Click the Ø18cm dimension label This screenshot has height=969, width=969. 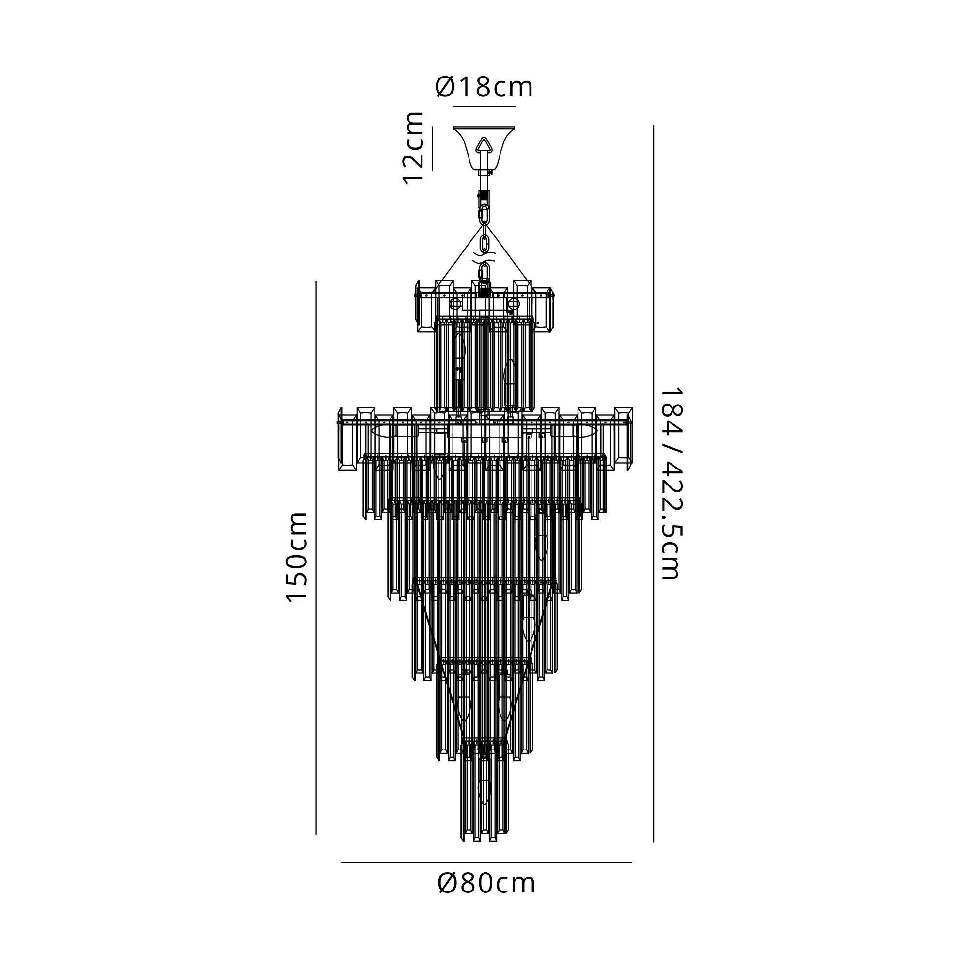coord(484,87)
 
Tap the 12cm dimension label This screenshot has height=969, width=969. coord(414,148)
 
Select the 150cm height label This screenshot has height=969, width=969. coord(296,557)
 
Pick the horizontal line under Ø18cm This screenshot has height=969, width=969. coord(484,106)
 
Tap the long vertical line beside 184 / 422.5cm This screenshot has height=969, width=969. coord(654,484)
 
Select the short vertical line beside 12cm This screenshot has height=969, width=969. coord(432,148)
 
